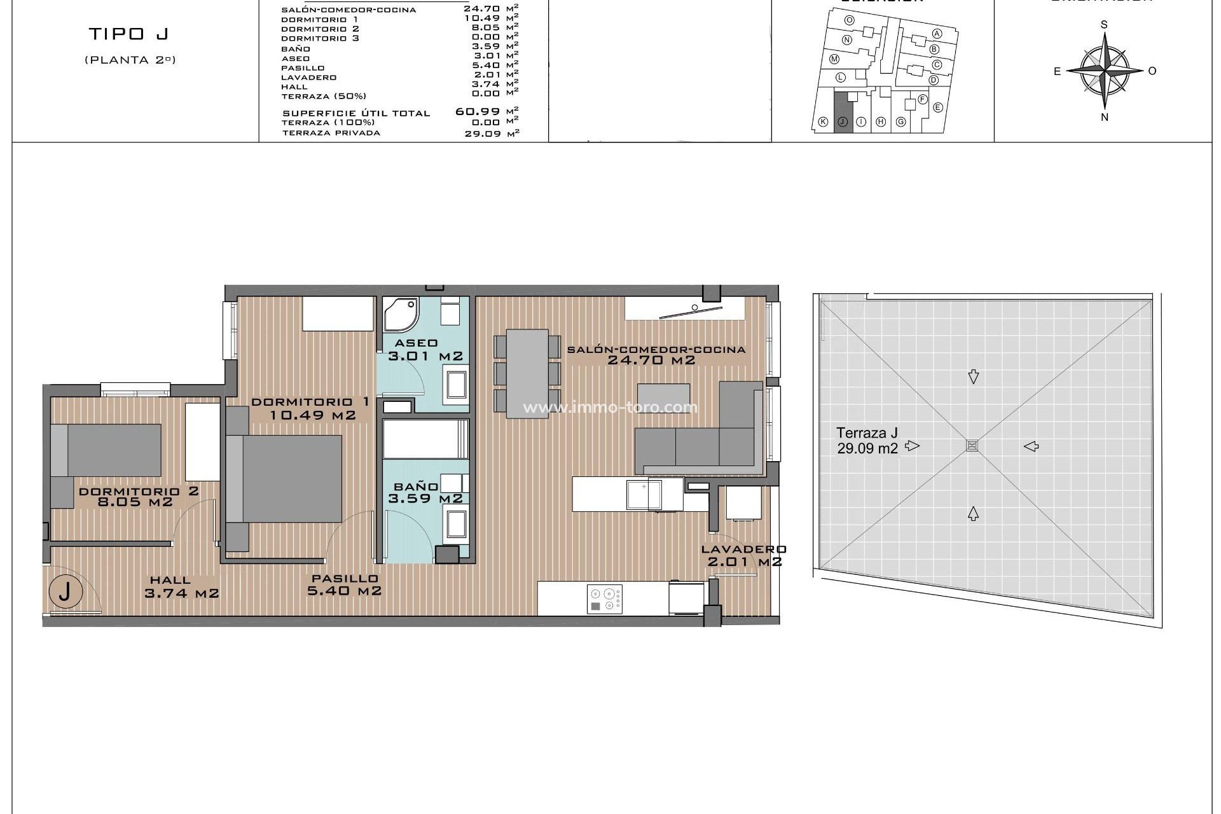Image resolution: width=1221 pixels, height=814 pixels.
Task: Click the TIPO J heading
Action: point(129,34)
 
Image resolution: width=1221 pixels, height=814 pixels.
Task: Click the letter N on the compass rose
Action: point(1105,117)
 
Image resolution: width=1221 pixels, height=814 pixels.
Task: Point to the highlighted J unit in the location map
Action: point(842,113)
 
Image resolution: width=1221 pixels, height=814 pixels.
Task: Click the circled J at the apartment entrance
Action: point(65,592)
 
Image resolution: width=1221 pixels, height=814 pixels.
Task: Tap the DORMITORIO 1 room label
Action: point(310,408)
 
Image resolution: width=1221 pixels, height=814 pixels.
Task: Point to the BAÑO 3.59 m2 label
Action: point(425,493)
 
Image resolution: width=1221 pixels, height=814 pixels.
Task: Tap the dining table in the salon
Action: point(527,373)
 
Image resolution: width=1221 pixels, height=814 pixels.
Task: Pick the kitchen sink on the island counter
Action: point(644,495)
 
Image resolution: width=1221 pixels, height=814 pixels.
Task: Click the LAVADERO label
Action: point(743,549)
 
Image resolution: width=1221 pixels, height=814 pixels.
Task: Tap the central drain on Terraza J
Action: point(972,445)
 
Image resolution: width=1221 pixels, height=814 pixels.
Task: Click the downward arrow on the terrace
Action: point(973,377)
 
